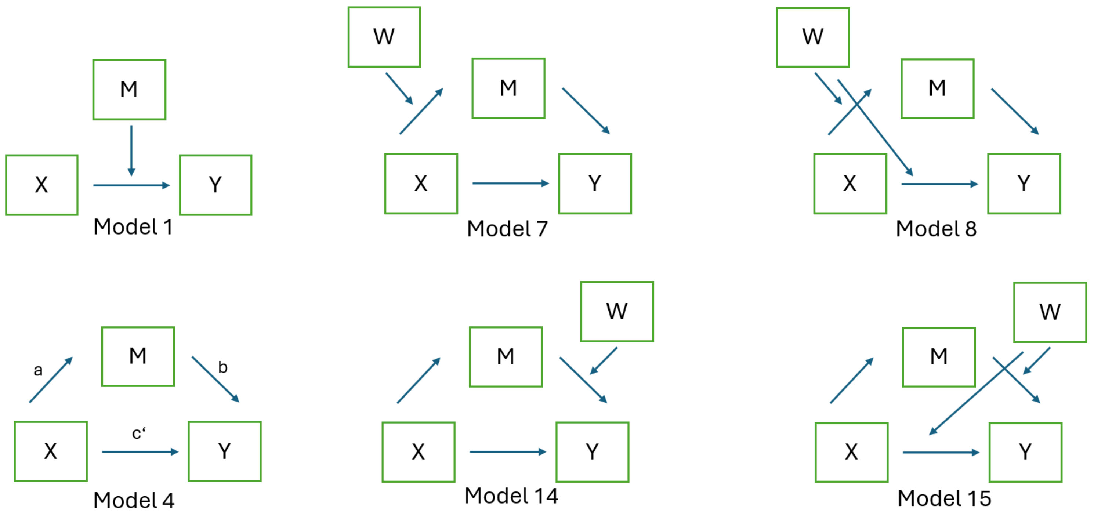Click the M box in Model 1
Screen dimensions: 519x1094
pos(129,90)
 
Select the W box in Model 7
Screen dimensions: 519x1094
pos(384,37)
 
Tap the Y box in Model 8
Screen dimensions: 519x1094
pos(1024,184)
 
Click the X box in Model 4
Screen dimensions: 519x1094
pos(51,451)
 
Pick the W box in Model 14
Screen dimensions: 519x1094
pos(617,311)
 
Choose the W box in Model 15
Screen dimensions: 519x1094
pos(1050,312)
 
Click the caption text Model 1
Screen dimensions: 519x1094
pos(133,227)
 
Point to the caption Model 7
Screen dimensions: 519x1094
pos(507,229)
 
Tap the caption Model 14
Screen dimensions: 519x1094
pos(511,496)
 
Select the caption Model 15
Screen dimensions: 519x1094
pos(944,498)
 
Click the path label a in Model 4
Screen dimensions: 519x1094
pos(38,370)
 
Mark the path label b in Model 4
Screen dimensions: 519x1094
pos(222,367)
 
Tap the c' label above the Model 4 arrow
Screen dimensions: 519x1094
pos(139,433)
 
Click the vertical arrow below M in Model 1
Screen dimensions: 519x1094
pos(131,150)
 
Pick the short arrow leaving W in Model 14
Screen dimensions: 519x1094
pos(604,360)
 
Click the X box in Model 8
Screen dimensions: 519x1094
pos(850,184)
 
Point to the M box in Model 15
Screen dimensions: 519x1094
pos(939,357)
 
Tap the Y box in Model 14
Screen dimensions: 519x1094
pos(592,451)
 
